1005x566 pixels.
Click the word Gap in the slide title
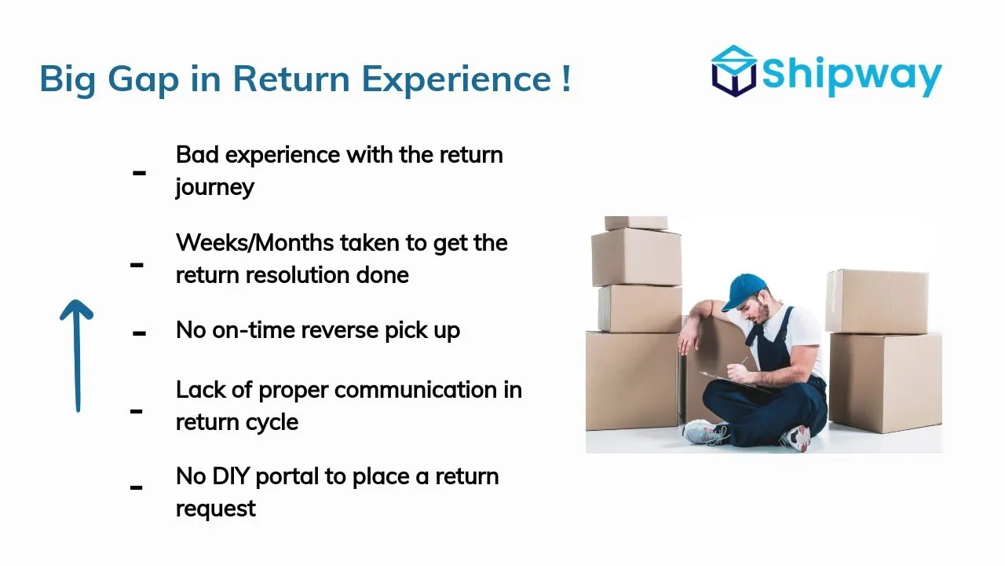point(143,80)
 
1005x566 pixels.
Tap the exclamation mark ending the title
point(566,79)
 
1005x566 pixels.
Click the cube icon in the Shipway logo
point(734,71)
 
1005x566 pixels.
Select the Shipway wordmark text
point(852,75)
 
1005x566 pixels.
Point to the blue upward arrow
point(77,355)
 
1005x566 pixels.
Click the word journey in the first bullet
point(214,188)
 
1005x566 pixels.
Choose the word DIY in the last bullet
point(231,476)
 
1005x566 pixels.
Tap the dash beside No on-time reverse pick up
point(139,333)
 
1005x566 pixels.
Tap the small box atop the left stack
point(636,222)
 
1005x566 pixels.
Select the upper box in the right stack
point(877,301)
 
